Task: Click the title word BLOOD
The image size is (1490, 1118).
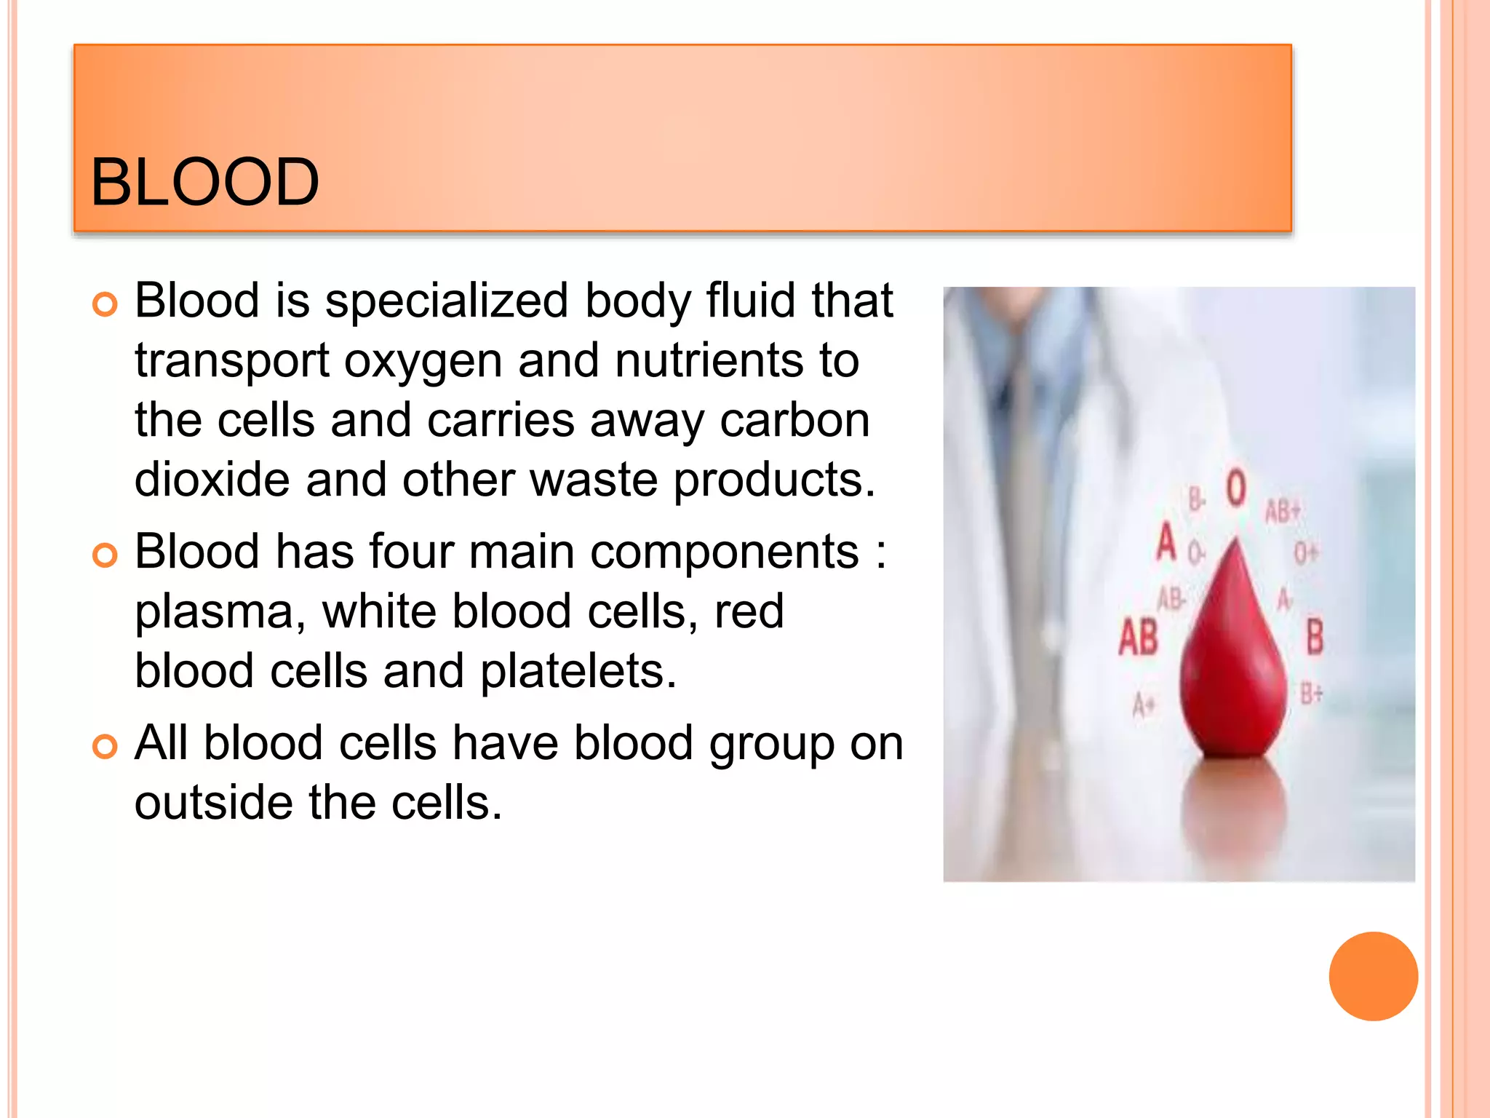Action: coord(204,182)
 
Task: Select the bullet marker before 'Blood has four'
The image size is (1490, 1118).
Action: coord(105,555)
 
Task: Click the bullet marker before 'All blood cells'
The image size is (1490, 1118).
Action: coord(105,747)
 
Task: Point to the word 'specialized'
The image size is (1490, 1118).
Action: coord(446,301)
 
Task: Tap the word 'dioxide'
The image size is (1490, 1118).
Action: coord(212,480)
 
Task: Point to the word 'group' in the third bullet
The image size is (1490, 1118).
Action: coord(772,744)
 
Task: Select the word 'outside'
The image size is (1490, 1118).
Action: coord(213,804)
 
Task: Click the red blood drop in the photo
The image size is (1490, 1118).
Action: coord(1232,670)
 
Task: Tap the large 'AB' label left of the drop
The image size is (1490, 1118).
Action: coord(1138,638)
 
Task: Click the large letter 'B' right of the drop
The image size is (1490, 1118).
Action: coord(1315,636)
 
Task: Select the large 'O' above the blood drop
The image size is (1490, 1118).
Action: coord(1236,487)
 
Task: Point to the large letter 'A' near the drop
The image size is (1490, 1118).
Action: coord(1167,542)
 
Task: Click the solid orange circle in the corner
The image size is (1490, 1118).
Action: coord(1373,976)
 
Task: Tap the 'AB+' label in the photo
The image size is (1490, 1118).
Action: coord(1282,511)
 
